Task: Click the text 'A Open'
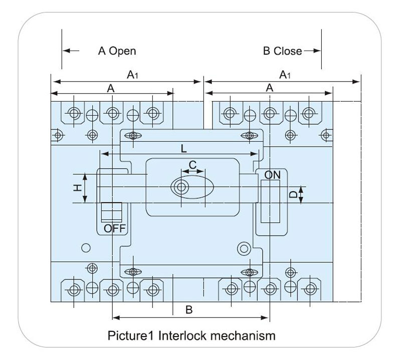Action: coord(116,51)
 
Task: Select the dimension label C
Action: coord(192,164)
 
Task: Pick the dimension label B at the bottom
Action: coord(189,310)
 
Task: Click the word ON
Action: coord(273,175)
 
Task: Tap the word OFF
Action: coord(115,229)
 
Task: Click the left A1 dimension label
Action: coord(132,75)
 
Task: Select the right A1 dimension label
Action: coord(284,75)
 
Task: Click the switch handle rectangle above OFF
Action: coord(111,212)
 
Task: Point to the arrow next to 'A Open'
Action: coord(71,51)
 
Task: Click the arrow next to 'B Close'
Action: coord(312,51)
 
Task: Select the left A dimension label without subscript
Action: coord(111,88)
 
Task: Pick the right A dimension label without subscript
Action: coord(269,88)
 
